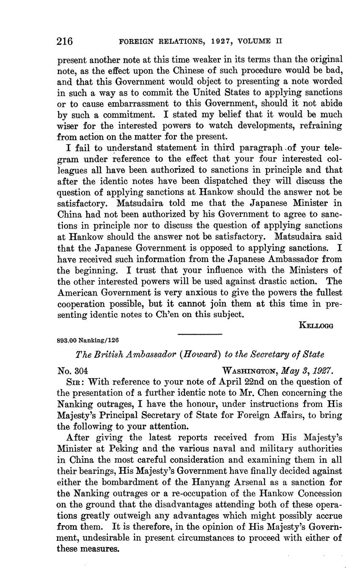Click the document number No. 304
click(72, 371)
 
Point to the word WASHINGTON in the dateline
click(249, 371)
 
